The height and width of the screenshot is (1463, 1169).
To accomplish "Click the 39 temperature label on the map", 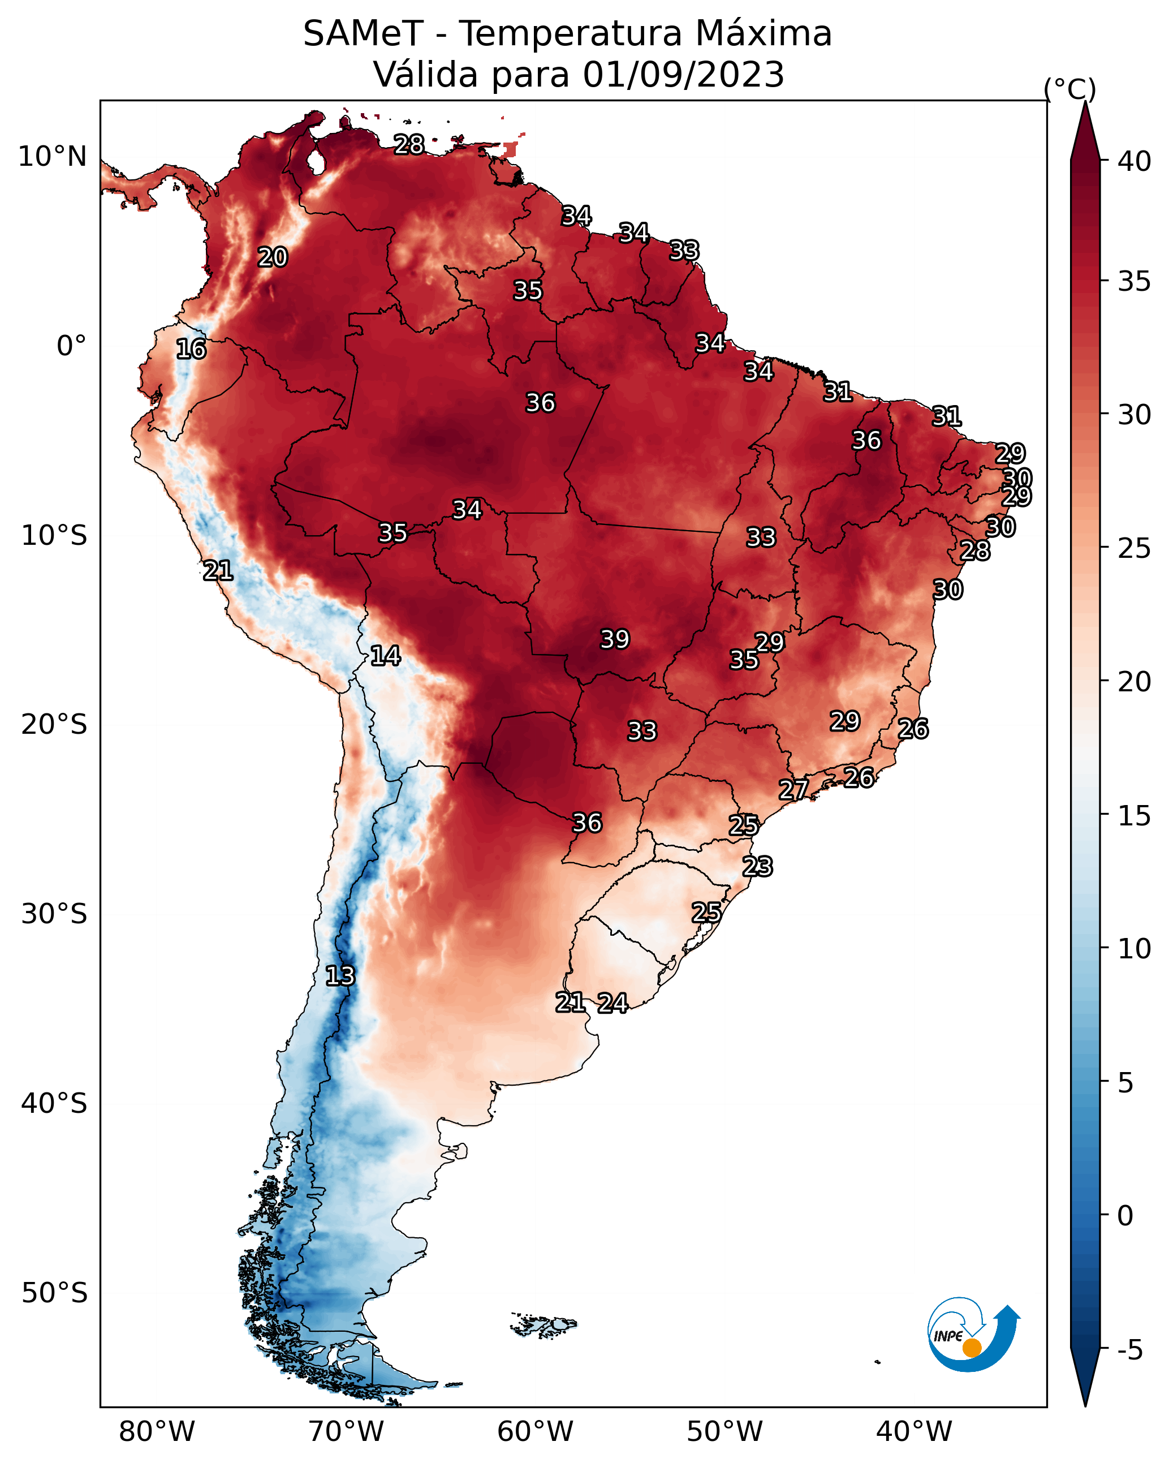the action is tap(615, 639).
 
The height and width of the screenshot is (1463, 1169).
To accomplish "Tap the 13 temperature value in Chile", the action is tap(340, 976).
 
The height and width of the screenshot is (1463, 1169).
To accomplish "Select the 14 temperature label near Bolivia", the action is tap(385, 656).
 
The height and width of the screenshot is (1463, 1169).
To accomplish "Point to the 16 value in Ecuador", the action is tap(191, 349).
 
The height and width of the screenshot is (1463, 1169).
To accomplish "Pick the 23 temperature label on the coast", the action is tap(757, 867).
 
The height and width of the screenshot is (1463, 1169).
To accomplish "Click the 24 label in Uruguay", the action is tap(612, 1003).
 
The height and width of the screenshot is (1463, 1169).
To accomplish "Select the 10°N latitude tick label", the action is tap(52, 157).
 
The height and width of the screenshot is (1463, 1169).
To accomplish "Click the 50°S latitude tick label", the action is tap(54, 1293).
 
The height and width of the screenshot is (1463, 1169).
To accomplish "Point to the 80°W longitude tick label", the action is tap(157, 1432).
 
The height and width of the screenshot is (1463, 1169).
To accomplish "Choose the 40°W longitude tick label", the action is tap(914, 1432).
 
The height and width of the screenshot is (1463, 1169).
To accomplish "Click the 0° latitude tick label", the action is tap(72, 346).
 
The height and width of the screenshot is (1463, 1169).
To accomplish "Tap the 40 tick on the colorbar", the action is tap(1135, 161).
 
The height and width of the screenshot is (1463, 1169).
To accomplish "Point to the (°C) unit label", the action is tap(1070, 89).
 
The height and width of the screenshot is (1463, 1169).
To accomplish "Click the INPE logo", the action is tap(974, 1336).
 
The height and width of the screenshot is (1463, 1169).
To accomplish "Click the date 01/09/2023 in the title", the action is tap(683, 75).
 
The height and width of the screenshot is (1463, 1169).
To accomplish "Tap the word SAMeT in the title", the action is tap(363, 33).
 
